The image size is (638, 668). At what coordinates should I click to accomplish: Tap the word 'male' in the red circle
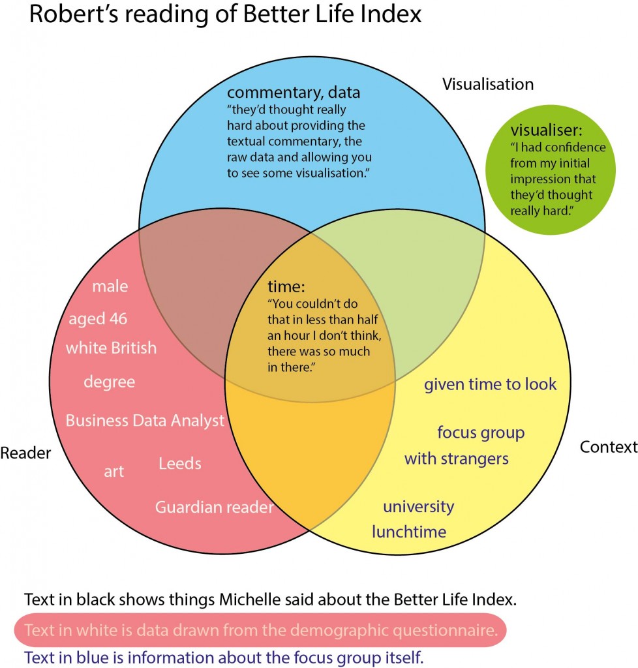click(110, 286)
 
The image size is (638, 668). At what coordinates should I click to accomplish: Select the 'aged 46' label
click(98, 319)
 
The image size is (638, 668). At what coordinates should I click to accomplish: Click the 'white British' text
click(111, 348)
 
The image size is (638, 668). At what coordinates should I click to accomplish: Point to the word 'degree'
click(109, 382)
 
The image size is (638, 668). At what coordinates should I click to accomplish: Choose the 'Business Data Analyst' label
click(145, 420)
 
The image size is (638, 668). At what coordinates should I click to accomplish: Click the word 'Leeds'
click(179, 464)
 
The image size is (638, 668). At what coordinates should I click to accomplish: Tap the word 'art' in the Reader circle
click(114, 471)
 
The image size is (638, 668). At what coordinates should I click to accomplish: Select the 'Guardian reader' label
click(214, 507)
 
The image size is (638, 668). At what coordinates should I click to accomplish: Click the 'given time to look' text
click(490, 384)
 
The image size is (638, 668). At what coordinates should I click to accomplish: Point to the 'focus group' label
click(480, 433)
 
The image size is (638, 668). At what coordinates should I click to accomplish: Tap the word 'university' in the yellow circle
click(418, 506)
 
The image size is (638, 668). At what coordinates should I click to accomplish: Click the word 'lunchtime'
click(409, 532)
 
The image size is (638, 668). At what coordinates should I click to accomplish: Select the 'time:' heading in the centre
click(286, 286)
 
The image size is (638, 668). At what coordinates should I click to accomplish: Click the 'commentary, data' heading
click(293, 92)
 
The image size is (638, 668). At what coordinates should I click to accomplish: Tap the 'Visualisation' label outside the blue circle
click(488, 84)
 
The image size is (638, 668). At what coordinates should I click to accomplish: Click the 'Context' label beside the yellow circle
click(608, 447)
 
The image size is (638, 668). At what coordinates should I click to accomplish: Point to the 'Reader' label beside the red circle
click(25, 452)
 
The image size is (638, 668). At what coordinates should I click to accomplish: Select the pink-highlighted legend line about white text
click(259, 630)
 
